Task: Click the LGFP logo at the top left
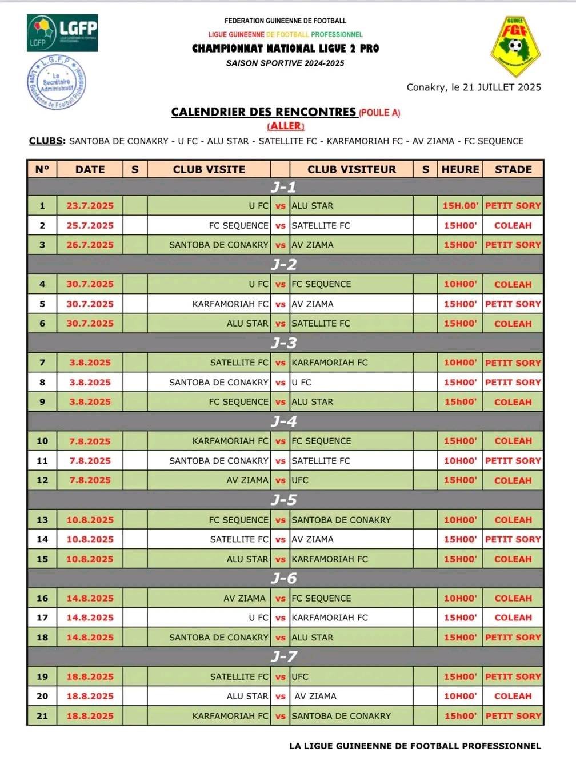point(62,33)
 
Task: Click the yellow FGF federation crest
point(515,46)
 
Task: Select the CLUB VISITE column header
point(209,169)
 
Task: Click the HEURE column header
point(460,169)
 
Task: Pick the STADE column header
point(513,169)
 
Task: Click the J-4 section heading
point(284,421)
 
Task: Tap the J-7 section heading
point(284,656)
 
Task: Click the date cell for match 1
point(90,206)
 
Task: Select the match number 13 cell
point(42,520)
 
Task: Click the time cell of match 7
point(460,363)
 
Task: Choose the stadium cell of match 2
point(513,226)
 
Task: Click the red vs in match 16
point(280,599)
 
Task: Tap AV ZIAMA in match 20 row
point(315,697)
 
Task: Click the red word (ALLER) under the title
point(286,126)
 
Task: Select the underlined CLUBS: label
point(47,141)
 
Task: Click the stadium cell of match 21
point(513,716)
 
